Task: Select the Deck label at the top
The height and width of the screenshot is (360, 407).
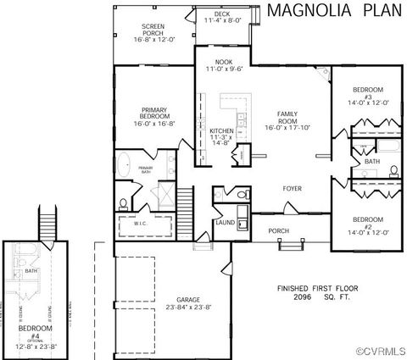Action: coord(221,14)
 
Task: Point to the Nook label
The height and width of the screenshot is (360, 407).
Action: coord(224,62)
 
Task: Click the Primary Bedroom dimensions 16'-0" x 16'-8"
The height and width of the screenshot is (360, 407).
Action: coord(153,122)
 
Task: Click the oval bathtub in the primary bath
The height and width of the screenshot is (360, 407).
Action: coord(124,164)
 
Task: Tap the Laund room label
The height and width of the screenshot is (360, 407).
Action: coord(225,223)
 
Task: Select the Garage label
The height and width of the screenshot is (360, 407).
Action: coord(188,300)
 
